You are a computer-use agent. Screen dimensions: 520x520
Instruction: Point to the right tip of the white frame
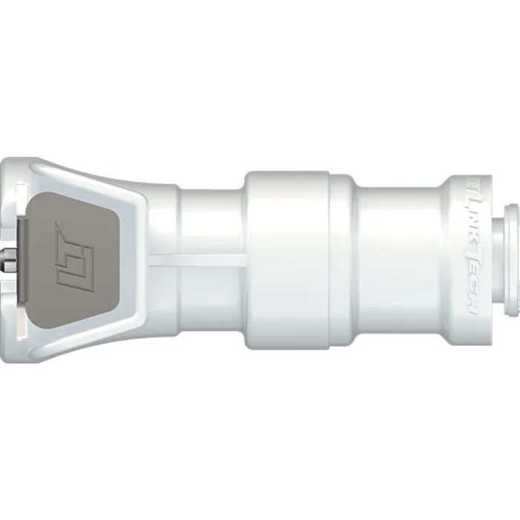[x=173, y=256]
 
